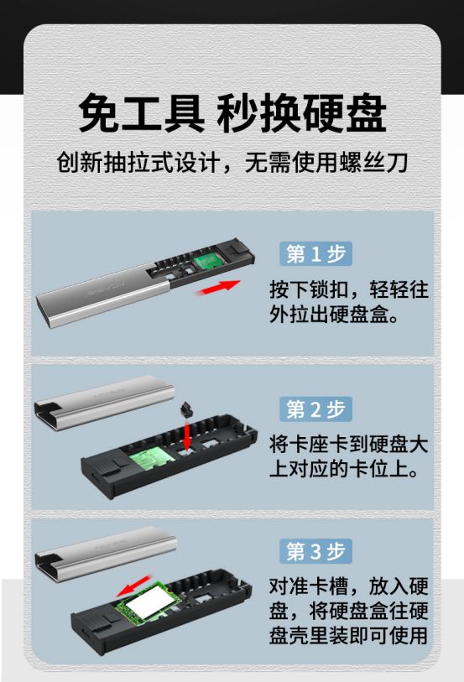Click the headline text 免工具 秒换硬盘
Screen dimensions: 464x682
(232, 112)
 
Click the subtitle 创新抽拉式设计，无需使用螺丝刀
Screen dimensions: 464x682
(232, 163)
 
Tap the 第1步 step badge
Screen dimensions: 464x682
(315, 254)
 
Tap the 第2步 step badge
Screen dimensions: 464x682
(315, 409)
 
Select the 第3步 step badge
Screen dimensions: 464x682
(315, 551)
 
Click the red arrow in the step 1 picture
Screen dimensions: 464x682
(218, 288)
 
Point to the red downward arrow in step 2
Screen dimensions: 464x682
(187, 435)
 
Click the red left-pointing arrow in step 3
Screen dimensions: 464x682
(134, 586)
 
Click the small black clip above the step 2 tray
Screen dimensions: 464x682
(187, 409)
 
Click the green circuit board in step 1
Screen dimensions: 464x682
(208, 261)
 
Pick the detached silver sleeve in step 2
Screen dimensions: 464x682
(104, 403)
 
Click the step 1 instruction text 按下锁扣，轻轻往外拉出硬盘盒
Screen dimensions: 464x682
(349, 302)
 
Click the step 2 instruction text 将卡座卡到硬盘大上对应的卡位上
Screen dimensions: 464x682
(349, 456)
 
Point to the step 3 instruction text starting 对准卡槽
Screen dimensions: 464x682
(349, 611)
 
